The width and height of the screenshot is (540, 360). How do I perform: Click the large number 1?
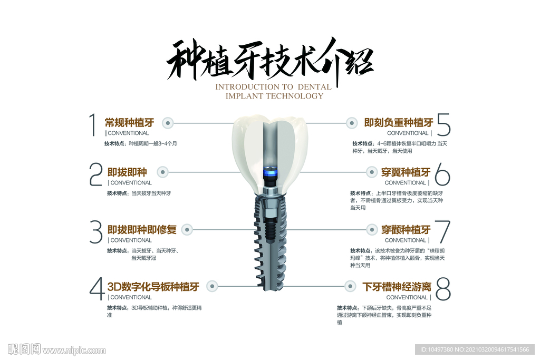click(x=92, y=124)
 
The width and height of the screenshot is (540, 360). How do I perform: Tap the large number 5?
click(x=444, y=124)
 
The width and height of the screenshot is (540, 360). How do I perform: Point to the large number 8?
click(x=443, y=289)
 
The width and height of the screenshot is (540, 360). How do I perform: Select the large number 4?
click(x=97, y=289)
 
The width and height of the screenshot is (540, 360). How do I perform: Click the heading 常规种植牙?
click(x=130, y=122)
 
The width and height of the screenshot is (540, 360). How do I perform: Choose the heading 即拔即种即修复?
click(x=142, y=230)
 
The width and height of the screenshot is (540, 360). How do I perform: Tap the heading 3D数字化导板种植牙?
click(x=153, y=287)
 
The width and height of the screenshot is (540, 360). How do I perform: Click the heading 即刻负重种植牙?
click(x=399, y=122)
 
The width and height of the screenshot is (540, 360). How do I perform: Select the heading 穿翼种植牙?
click(x=406, y=172)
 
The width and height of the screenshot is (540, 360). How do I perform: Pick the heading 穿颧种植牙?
click(x=406, y=230)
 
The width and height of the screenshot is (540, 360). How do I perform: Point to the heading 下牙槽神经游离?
click(x=397, y=287)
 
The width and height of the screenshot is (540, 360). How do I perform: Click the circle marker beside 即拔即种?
click(x=162, y=172)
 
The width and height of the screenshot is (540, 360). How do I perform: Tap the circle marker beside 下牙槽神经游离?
click(x=350, y=286)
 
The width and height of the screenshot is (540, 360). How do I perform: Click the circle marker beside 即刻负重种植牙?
click(x=351, y=123)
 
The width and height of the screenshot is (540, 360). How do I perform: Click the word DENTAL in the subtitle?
click(x=314, y=87)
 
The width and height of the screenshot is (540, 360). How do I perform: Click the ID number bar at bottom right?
click(x=475, y=349)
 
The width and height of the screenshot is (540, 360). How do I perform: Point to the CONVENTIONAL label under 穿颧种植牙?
click(x=406, y=240)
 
